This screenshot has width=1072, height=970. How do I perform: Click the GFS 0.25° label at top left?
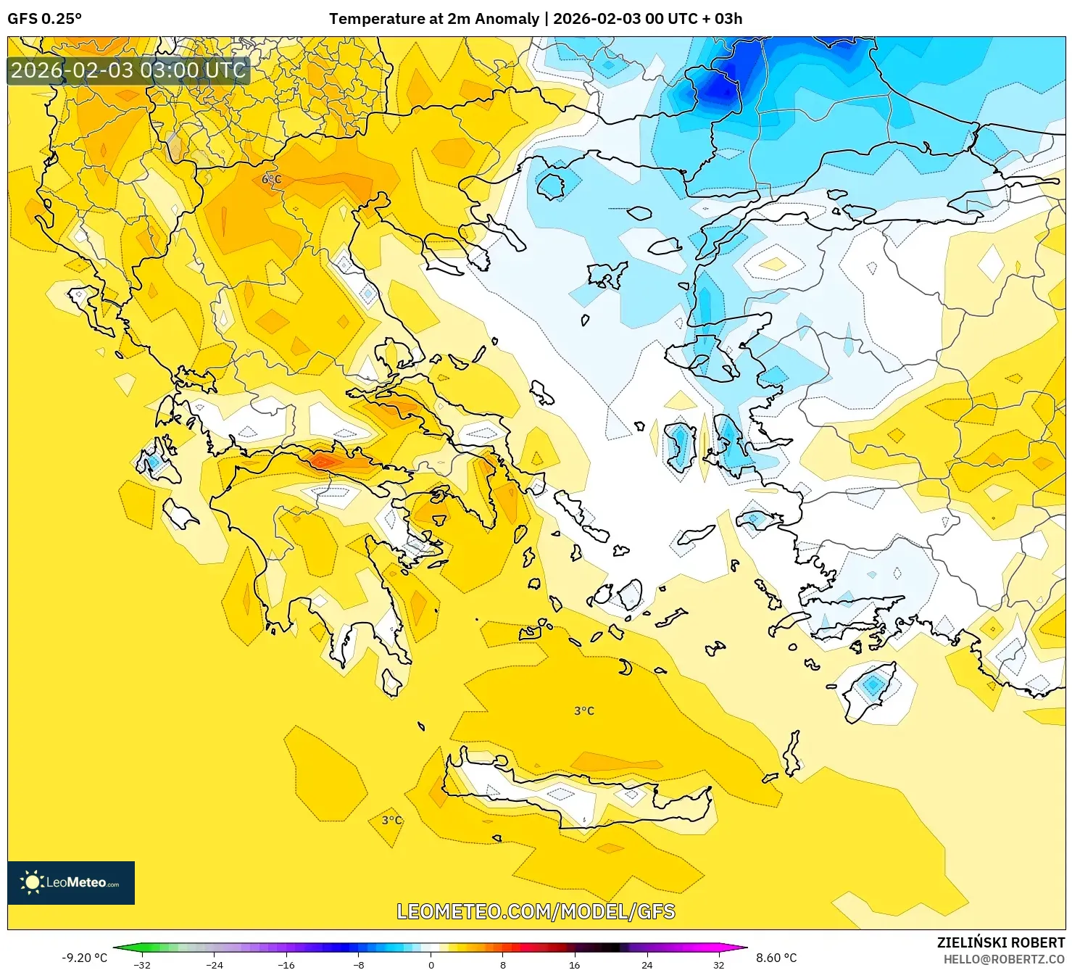coord(44,19)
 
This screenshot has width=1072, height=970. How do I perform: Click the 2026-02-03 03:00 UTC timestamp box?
coord(128,70)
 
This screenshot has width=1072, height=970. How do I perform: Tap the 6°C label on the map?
coord(271,179)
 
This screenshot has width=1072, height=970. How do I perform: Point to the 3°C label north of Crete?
coord(583,711)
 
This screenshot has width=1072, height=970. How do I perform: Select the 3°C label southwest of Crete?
coord(391,820)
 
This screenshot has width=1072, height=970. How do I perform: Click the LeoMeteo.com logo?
coord(71,882)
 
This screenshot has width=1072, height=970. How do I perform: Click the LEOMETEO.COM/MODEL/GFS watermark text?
coord(536,911)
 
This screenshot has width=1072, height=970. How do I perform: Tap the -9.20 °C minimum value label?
coord(84,958)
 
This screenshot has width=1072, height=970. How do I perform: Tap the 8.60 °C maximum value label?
coord(776,958)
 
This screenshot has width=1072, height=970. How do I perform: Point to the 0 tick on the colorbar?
coord(431,964)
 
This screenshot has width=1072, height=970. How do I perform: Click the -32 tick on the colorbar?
coord(143,964)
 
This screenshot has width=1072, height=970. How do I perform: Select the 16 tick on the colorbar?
coord(575,964)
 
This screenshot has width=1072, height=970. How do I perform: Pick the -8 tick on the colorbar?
coord(359,964)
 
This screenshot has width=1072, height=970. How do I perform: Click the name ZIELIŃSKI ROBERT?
coord(1000,942)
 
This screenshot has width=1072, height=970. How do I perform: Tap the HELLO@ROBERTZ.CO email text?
coord(1003,959)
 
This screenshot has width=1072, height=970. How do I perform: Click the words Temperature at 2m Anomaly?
coord(434,19)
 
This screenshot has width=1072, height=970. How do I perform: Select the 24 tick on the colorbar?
coord(647,964)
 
